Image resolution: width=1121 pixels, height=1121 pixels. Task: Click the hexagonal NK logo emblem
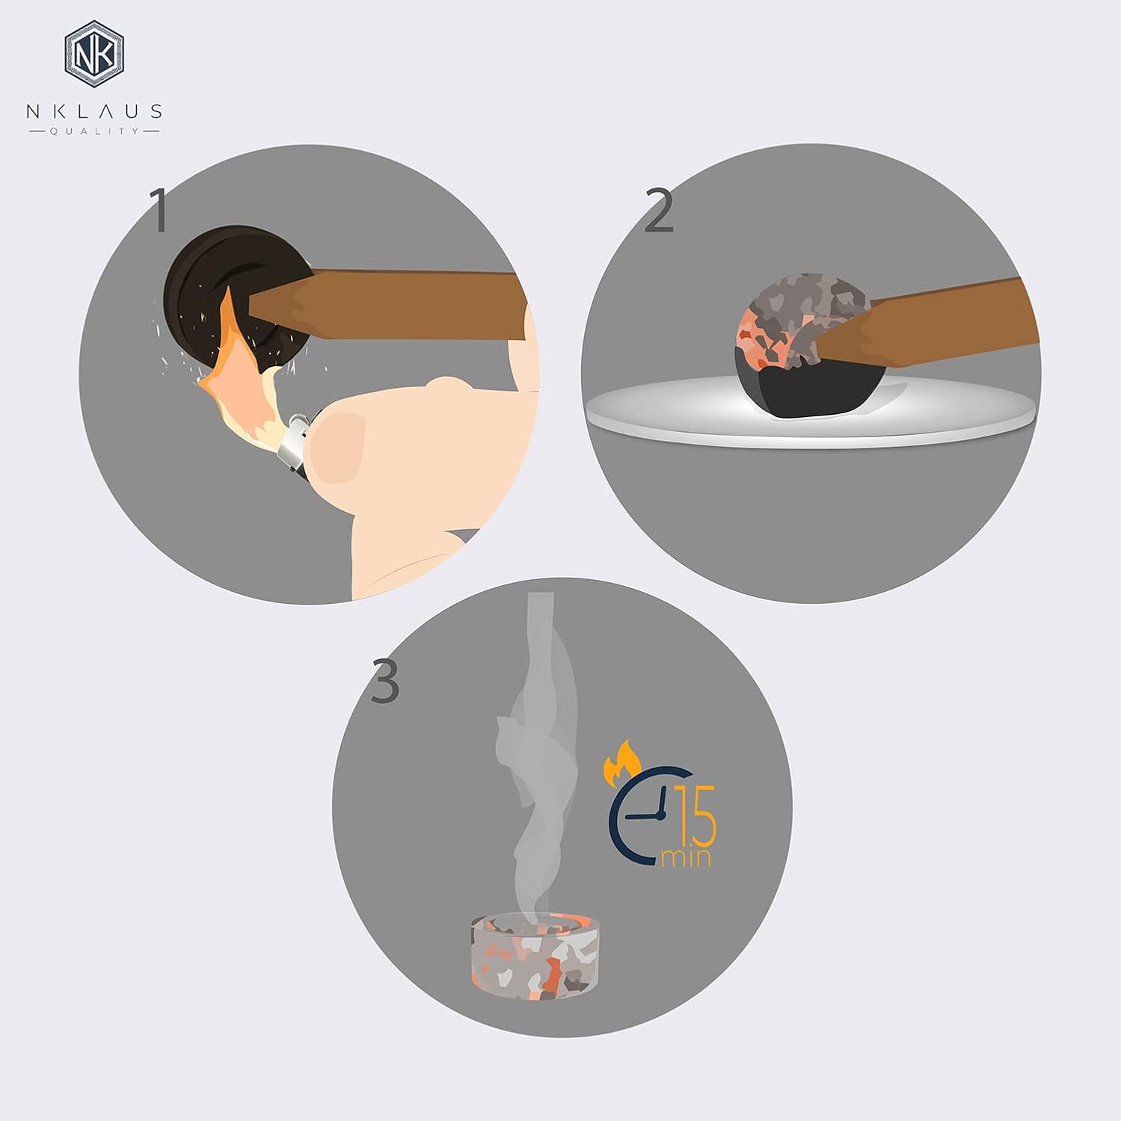(x=94, y=54)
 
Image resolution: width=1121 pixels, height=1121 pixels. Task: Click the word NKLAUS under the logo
(x=94, y=111)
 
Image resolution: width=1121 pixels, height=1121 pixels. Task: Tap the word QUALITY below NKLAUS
(x=94, y=132)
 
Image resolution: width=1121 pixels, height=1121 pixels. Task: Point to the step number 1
(x=159, y=209)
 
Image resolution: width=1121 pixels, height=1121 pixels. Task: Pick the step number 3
(x=385, y=681)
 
